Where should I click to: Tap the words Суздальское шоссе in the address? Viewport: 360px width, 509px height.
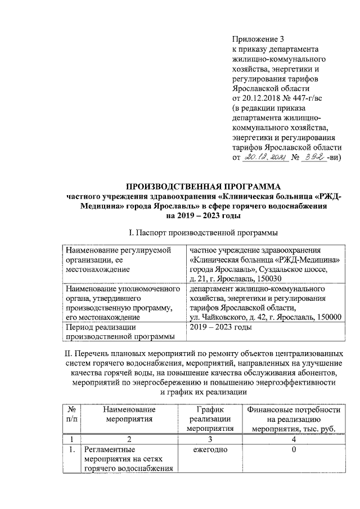point(308,269)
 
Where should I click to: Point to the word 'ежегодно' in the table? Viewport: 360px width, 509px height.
point(210,450)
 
